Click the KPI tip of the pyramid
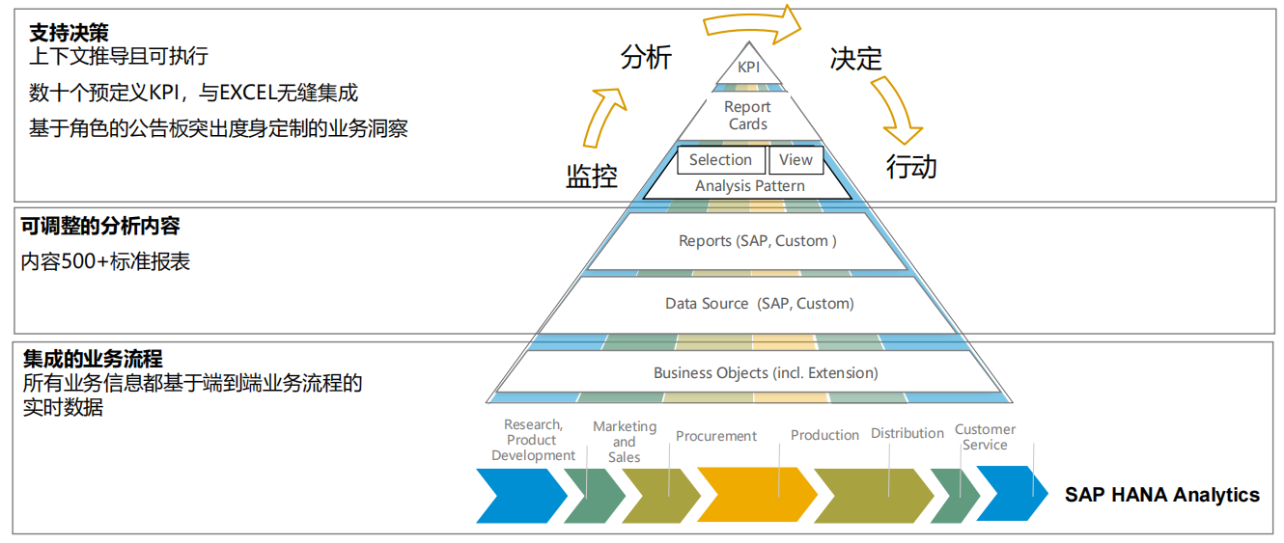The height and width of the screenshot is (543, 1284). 748,68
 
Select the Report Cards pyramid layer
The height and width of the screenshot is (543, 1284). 748,116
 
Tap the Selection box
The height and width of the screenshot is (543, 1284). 720,160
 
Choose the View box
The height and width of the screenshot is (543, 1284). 796,160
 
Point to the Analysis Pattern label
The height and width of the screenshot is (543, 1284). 749,186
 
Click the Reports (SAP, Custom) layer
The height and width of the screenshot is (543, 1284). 758,241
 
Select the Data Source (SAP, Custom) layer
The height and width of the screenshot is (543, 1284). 760,304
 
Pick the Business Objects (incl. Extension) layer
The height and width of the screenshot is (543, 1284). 766,373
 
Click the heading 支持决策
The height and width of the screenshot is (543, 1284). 69,34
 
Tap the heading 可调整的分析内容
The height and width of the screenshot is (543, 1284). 100,227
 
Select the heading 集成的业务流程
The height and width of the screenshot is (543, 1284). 93,361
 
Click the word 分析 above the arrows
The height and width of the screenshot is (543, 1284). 646,58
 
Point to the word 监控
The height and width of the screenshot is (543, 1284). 591,176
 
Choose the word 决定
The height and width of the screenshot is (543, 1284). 856,59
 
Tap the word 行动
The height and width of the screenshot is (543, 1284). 911,167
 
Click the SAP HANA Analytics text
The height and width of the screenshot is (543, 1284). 1162,495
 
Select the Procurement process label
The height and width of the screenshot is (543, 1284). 716,436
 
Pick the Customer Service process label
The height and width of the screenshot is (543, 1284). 985,437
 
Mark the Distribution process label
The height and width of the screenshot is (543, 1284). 907,434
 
